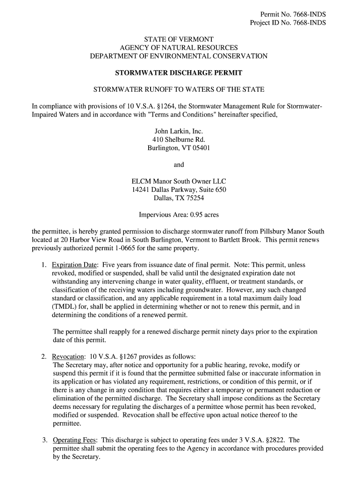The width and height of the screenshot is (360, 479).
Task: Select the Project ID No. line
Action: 288,23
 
